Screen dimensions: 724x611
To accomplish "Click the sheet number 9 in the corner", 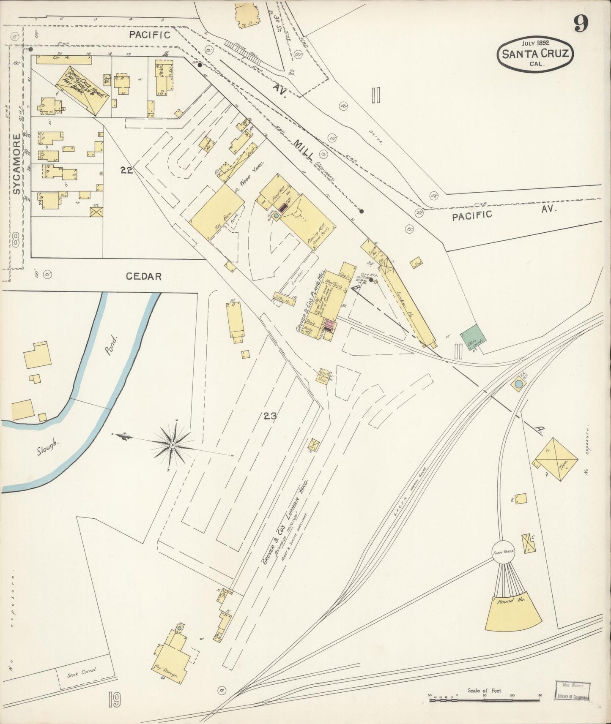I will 581,24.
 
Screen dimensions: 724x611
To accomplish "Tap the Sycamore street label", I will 16,164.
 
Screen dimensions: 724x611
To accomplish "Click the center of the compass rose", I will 173,445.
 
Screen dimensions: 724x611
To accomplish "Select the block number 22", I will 126,170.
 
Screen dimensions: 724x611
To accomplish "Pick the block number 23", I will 270,416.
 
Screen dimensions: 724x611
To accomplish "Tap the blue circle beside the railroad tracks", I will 518,384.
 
